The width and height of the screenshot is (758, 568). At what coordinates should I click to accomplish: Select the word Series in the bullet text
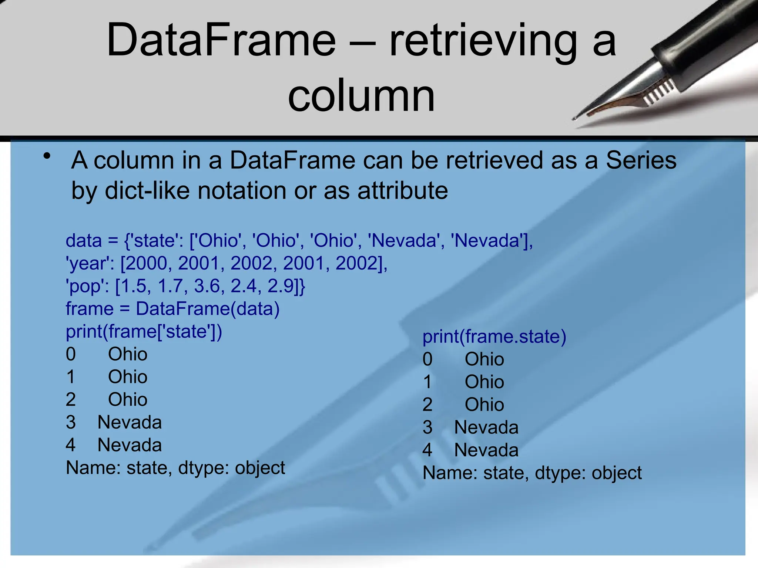click(x=641, y=160)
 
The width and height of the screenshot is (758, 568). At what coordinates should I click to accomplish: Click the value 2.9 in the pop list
click(x=280, y=286)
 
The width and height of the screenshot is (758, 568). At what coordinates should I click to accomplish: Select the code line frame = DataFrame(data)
click(x=172, y=309)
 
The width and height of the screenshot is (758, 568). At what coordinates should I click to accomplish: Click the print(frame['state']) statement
click(x=144, y=331)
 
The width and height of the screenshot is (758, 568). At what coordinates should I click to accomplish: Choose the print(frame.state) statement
click(x=494, y=337)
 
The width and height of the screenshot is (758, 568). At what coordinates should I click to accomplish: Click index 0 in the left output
click(x=71, y=354)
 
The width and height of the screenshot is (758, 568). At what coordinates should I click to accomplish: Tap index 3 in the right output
click(x=427, y=427)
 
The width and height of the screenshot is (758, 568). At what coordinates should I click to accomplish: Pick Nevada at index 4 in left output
click(x=130, y=445)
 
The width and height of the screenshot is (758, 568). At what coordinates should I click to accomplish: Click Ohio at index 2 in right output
click(x=484, y=405)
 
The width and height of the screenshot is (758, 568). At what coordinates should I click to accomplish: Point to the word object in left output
click(x=260, y=468)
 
